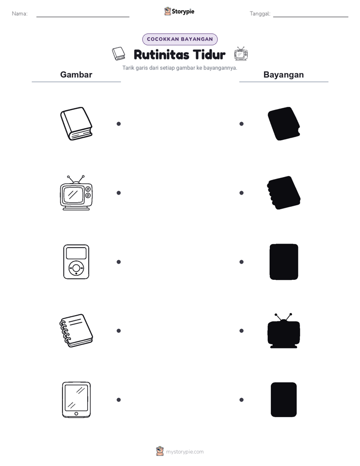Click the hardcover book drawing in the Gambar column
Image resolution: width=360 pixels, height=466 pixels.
coord(76,124)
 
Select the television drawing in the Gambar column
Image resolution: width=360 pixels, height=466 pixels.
coord(76,193)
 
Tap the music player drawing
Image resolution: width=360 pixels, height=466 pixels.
coord(76,262)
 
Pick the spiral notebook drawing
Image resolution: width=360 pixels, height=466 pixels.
coord(76,330)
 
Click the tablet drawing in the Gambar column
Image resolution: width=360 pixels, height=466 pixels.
coord(76,400)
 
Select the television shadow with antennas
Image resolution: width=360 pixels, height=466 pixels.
coord(284,331)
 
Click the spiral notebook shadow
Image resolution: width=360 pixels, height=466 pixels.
coord(284,193)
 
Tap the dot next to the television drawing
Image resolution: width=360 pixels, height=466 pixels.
coord(118,193)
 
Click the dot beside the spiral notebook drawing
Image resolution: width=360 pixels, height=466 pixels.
coord(118,331)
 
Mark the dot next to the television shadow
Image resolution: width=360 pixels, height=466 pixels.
coord(242,331)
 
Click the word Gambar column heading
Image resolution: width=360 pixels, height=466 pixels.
coord(76,75)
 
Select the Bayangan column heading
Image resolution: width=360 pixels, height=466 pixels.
coord(284,75)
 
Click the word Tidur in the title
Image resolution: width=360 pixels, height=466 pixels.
coord(209,54)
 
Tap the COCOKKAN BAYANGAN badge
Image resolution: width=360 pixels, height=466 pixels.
coord(180,39)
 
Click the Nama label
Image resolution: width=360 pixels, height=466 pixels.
coord(20,14)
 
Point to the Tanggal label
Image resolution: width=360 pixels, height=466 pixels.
coord(260,14)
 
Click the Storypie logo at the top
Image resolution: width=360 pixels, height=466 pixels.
coord(179,11)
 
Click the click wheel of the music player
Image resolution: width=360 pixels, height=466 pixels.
coord(76,268)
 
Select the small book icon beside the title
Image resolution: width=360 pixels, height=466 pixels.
coord(118,54)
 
